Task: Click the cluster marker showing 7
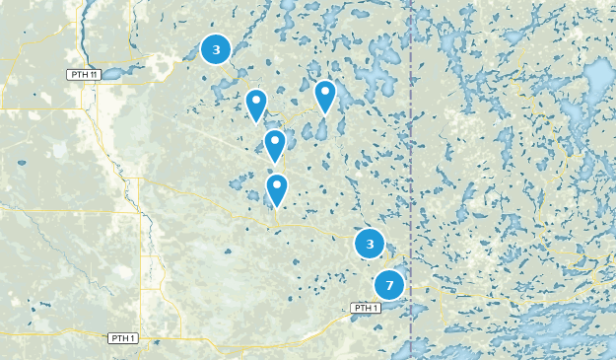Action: (x=389, y=286)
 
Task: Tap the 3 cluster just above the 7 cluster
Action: (x=370, y=244)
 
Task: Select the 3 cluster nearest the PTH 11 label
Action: (x=216, y=49)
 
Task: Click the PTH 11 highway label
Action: (x=83, y=75)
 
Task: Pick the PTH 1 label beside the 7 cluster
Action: (x=366, y=308)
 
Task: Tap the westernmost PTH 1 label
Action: (x=122, y=338)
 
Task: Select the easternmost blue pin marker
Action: (x=324, y=96)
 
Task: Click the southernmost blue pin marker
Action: (x=277, y=188)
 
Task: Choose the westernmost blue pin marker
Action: (x=256, y=105)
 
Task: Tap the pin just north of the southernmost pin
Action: (x=274, y=145)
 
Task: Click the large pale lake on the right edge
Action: (x=597, y=79)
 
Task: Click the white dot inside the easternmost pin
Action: (x=324, y=91)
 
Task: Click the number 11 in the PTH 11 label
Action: (x=94, y=75)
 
